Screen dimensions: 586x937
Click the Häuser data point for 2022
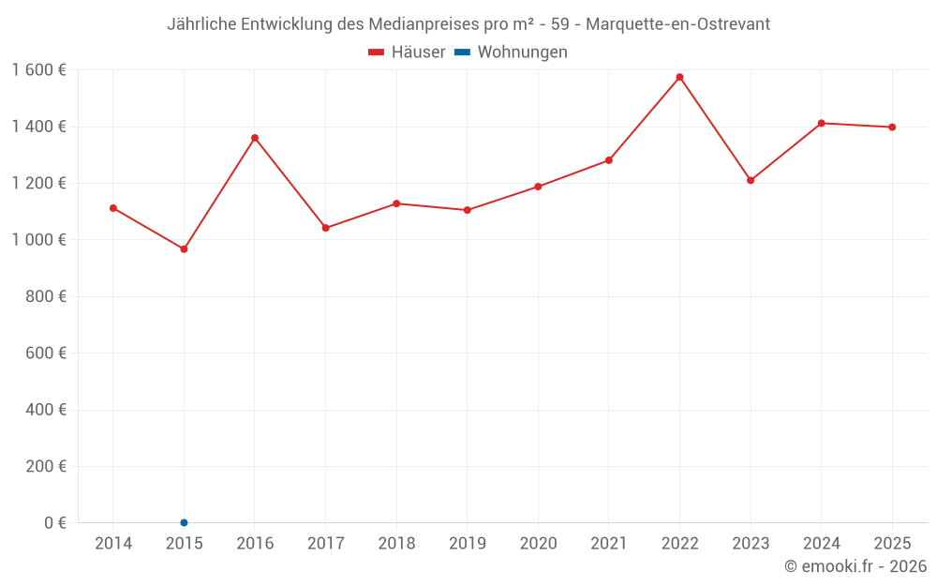point(679,77)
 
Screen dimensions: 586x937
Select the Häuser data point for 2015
point(184,249)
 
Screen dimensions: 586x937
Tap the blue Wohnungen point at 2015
point(184,522)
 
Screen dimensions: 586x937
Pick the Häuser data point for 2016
point(255,138)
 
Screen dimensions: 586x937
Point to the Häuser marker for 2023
point(751,180)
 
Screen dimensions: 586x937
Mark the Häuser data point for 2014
point(113,208)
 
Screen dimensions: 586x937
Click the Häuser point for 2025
point(892,128)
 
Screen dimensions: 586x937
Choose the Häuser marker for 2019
point(468,210)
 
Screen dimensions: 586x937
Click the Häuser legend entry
point(407,53)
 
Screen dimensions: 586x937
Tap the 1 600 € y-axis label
point(38,70)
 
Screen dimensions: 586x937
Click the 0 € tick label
point(55,522)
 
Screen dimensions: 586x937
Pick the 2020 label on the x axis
point(538,544)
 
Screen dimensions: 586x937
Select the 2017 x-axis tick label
point(325,544)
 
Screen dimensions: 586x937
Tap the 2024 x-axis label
point(821,544)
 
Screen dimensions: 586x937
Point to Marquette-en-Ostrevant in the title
point(677,24)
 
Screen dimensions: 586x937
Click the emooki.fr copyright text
point(855,566)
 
